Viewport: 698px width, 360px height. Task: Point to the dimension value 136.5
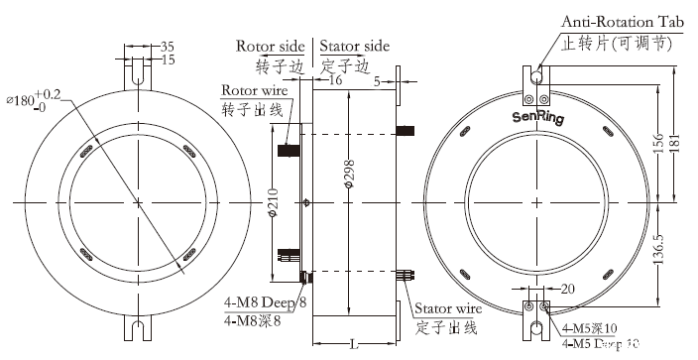coord(655,263)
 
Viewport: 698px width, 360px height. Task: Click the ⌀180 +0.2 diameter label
coord(34,99)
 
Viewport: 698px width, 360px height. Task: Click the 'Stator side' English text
coord(356,46)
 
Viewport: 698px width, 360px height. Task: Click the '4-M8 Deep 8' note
coord(265,301)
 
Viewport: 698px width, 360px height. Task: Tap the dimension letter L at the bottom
coord(354,343)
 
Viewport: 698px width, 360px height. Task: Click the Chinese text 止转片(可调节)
coord(617,44)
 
